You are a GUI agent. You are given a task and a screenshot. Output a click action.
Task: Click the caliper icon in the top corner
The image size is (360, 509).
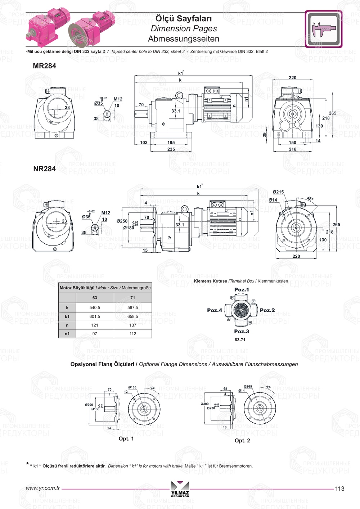tap(323, 29)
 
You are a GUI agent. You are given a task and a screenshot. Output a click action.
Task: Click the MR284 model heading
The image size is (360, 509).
tap(44, 66)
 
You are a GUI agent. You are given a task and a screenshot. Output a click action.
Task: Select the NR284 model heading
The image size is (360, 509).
tap(44, 169)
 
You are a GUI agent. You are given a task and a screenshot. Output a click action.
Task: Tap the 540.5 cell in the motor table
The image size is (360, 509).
tap(95, 308)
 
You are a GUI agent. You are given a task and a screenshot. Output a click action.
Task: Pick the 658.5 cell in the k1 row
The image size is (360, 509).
tap(132, 317)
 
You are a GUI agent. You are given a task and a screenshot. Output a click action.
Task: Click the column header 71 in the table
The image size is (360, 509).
tap(132, 298)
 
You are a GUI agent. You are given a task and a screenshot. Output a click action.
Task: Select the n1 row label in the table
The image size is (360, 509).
tap(67, 334)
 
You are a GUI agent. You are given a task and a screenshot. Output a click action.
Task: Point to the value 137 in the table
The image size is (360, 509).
tap(132, 325)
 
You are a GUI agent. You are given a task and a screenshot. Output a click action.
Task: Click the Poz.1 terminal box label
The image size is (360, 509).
tap(241, 290)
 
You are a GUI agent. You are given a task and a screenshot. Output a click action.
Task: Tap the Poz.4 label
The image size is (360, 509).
tap(215, 310)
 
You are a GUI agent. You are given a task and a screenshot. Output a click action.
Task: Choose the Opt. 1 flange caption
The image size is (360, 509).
tap(126, 438)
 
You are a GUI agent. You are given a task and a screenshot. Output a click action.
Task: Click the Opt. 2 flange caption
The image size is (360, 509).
tap(242, 441)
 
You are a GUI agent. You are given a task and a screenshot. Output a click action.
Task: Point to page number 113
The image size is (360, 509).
tap(339, 488)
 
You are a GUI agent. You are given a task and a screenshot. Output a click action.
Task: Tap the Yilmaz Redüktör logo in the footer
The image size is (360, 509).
tap(180, 489)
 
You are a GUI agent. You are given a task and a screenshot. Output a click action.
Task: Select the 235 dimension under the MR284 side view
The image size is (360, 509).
tap(171, 149)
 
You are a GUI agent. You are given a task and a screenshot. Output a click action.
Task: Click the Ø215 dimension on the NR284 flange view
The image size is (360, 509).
tap(278, 192)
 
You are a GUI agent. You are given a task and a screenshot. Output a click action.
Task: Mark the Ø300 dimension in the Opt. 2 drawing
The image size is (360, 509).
tap(204, 404)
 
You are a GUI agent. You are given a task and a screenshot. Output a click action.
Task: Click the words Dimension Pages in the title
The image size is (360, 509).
tap(184, 28)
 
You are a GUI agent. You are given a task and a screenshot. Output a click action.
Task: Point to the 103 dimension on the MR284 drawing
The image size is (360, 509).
tap(144, 143)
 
